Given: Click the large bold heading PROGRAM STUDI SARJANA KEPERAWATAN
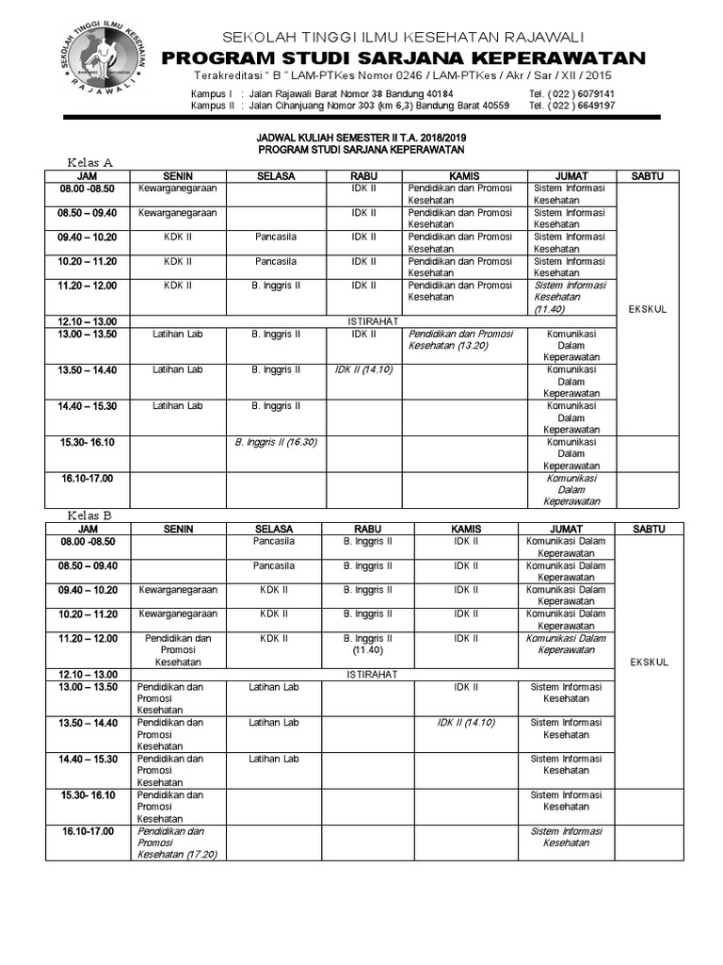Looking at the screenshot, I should (404, 58).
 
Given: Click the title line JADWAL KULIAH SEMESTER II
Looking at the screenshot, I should (361, 138).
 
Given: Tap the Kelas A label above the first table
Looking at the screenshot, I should (89, 162).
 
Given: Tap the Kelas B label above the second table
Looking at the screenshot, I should (89, 515).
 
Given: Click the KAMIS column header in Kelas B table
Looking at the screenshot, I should (466, 529).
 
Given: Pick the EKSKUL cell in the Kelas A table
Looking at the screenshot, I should (648, 309).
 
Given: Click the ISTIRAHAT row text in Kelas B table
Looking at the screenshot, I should (373, 674).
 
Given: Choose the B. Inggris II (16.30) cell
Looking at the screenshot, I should (276, 441).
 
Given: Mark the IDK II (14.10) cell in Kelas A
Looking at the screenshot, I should (363, 369).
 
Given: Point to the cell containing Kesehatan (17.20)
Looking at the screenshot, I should (177, 842).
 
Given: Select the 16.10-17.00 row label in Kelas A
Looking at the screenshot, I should (88, 478).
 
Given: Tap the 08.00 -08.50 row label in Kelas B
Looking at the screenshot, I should (88, 542).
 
